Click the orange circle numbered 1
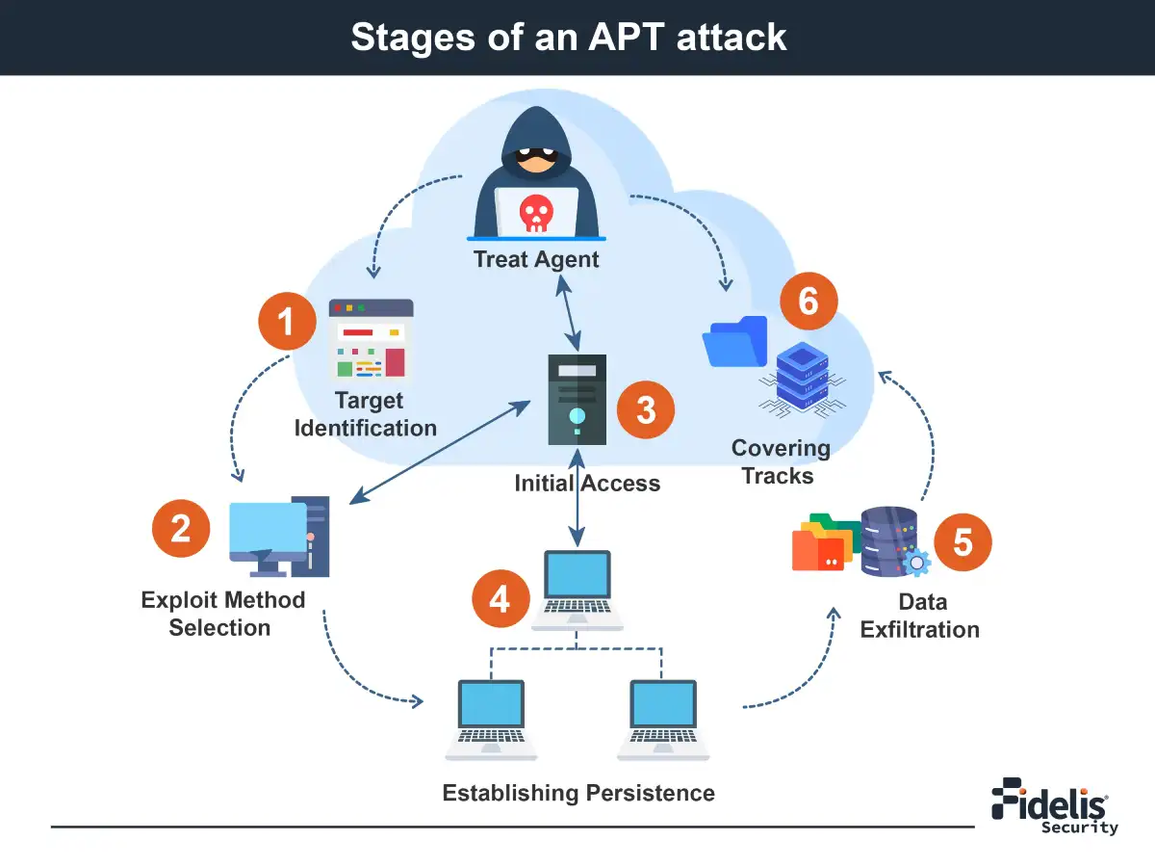coord(287,321)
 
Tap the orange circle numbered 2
coord(180,528)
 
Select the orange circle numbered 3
coord(646,409)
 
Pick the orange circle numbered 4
coord(500,598)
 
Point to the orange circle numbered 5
coord(962,542)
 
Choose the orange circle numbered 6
coord(808,302)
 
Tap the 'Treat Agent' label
coord(536,259)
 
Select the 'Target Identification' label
coord(366,414)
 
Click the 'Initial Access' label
coord(587,484)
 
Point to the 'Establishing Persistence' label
coord(578,793)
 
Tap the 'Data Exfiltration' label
coord(920,616)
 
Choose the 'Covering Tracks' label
coord(780,461)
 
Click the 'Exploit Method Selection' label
coord(222,614)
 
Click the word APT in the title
coord(626,38)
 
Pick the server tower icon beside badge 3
coord(577,399)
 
